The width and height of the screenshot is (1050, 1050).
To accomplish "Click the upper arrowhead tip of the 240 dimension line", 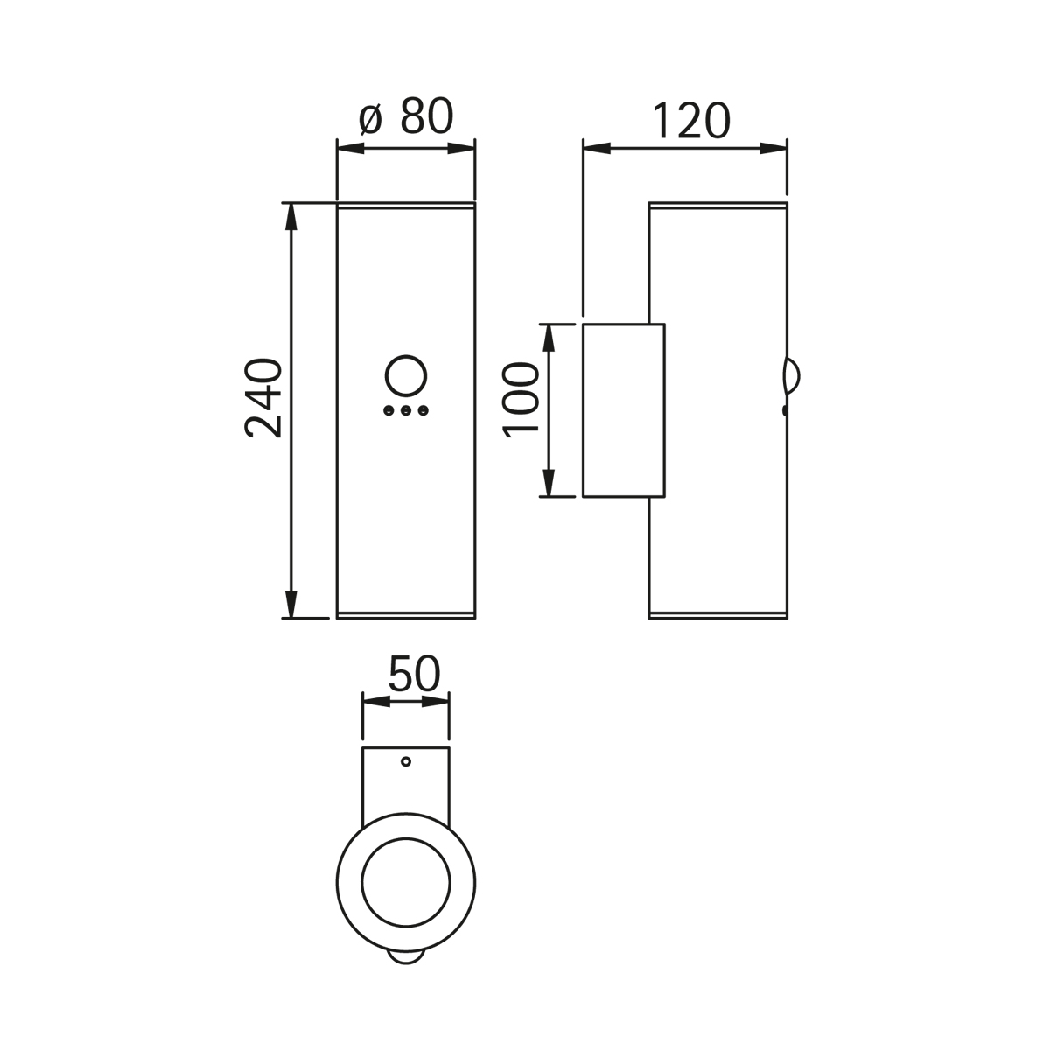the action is pyautogui.click(x=291, y=204).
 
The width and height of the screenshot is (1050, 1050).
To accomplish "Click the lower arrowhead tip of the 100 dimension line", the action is pyautogui.click(x=548, y=496).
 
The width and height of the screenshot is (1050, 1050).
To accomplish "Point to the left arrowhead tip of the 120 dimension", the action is pyautogui.click(x=584, y=148).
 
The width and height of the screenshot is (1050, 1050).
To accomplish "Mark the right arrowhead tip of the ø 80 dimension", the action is pyautogui.click(x=474, y=148).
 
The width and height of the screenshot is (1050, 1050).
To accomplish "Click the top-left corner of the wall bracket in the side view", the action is pyautogui.click(x=584, y=325).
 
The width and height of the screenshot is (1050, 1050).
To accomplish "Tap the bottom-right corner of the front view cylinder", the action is pyautogui.click(x=475, y=619).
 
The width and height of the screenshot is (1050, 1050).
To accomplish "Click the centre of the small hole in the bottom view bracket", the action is pyautogui.click(x=405, y=761).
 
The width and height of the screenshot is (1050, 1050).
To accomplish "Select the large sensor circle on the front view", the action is pyautogui.click(x=405, y=374).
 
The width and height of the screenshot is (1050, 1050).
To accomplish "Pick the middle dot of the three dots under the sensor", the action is pyautogui.click(x=405, y=410).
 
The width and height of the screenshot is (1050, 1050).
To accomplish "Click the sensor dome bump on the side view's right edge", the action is pyautogui.click(x=792, y=376).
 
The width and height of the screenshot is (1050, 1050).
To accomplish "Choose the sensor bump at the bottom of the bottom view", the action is pyautogui.click(x=406, y=970).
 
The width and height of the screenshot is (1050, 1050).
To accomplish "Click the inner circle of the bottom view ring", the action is pyautogui.click(x=406, y=883).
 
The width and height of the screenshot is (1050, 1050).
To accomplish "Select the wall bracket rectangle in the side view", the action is pyautogui.click(x=624, y=410).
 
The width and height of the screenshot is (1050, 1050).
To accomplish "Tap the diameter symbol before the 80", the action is pyautogui.click(x=371, y=119).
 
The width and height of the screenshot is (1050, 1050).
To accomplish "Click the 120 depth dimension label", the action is pyautogui.click(x=690, y=121).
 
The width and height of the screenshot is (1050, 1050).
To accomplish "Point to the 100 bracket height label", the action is pyautogui.click(x=521, y=401).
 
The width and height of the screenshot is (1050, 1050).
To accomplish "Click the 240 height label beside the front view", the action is pyautogui.click(x=262, y=398).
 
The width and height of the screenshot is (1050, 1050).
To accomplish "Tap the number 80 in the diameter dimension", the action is pyautogui.click(x=427, y=116).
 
